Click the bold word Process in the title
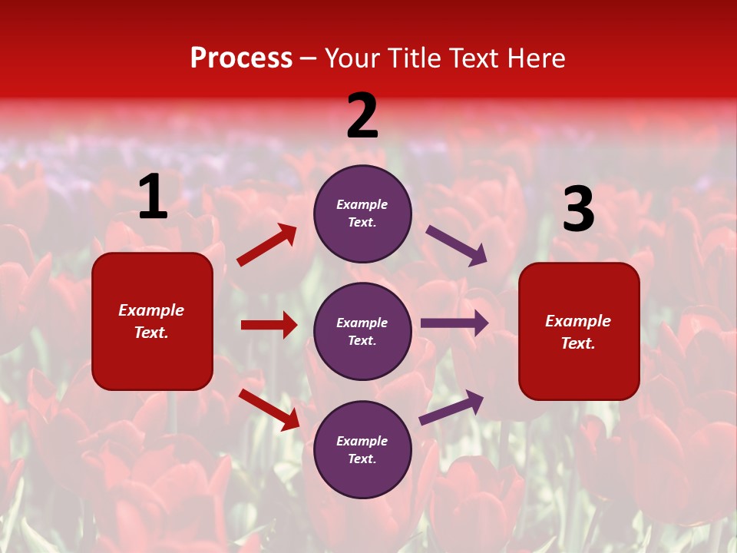241,58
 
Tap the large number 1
153,197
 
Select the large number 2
362,116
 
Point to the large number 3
578,210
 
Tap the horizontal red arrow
269,325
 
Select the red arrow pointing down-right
269,409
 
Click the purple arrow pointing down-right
457,245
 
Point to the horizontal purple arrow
454,323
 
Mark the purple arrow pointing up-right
451,407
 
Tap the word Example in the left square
151,310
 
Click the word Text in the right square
578,343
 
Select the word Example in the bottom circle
362,441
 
